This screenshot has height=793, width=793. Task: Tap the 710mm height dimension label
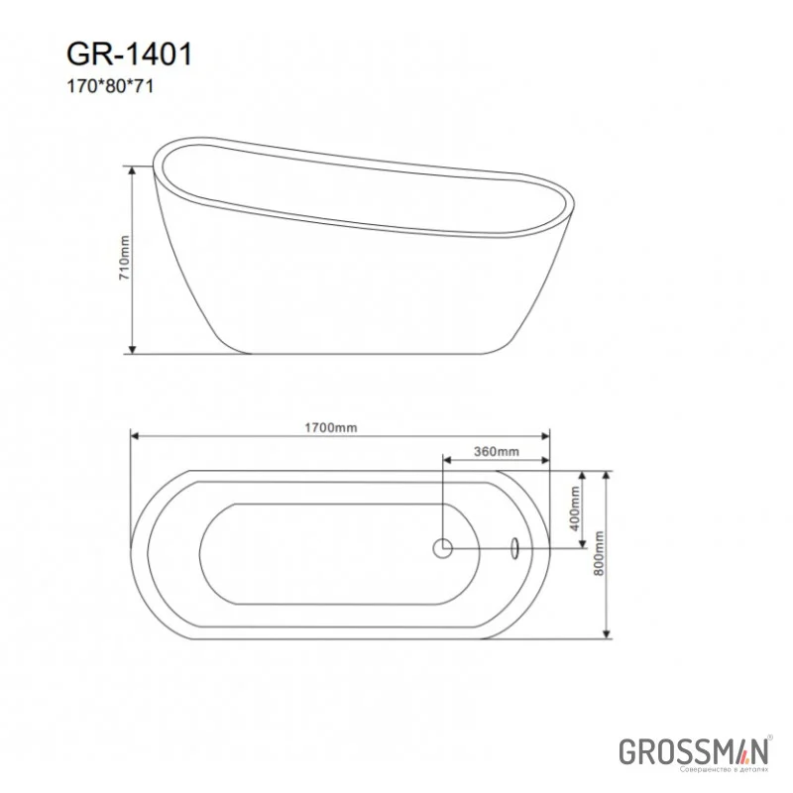[124, 260]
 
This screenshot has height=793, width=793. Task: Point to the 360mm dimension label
[496, 452]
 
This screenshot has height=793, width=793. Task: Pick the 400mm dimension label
[574, 510]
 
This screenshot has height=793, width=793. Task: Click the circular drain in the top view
[442, 546]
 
